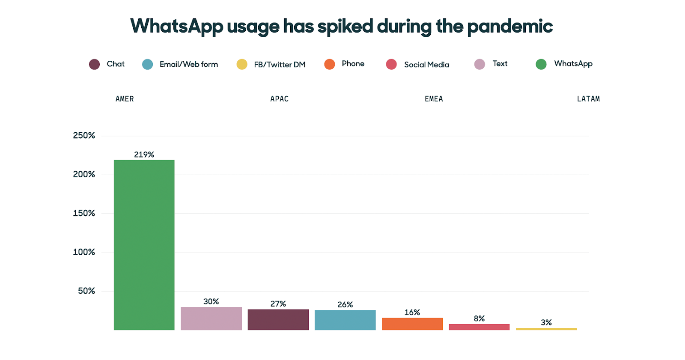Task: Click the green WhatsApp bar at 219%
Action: tap(144, 244)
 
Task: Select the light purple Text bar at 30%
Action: tap(211, 318)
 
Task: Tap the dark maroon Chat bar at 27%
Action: tap(278, 319)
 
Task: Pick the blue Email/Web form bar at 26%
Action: tap(345, 320)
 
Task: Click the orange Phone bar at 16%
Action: tap(412, 324)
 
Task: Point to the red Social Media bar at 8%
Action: tap(479, 327)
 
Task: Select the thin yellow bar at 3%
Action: tap(546, 329)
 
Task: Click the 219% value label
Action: tap(144, 155)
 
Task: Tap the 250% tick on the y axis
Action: tap(84, 136)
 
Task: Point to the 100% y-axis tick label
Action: tap(84, 252)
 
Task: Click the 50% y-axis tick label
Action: tap(86, 291)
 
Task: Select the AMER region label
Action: tap(125, 99)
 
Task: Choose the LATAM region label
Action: tap(588, 99)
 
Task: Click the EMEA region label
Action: tap(434, 99)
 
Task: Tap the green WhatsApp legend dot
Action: tap(541, 64)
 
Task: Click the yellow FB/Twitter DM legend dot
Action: tap(242, 64)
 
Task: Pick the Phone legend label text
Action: tap(353, 64)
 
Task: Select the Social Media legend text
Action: tap(426, 65)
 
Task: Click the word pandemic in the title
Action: tap(509, 27)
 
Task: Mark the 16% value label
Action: tap(412, 312)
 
